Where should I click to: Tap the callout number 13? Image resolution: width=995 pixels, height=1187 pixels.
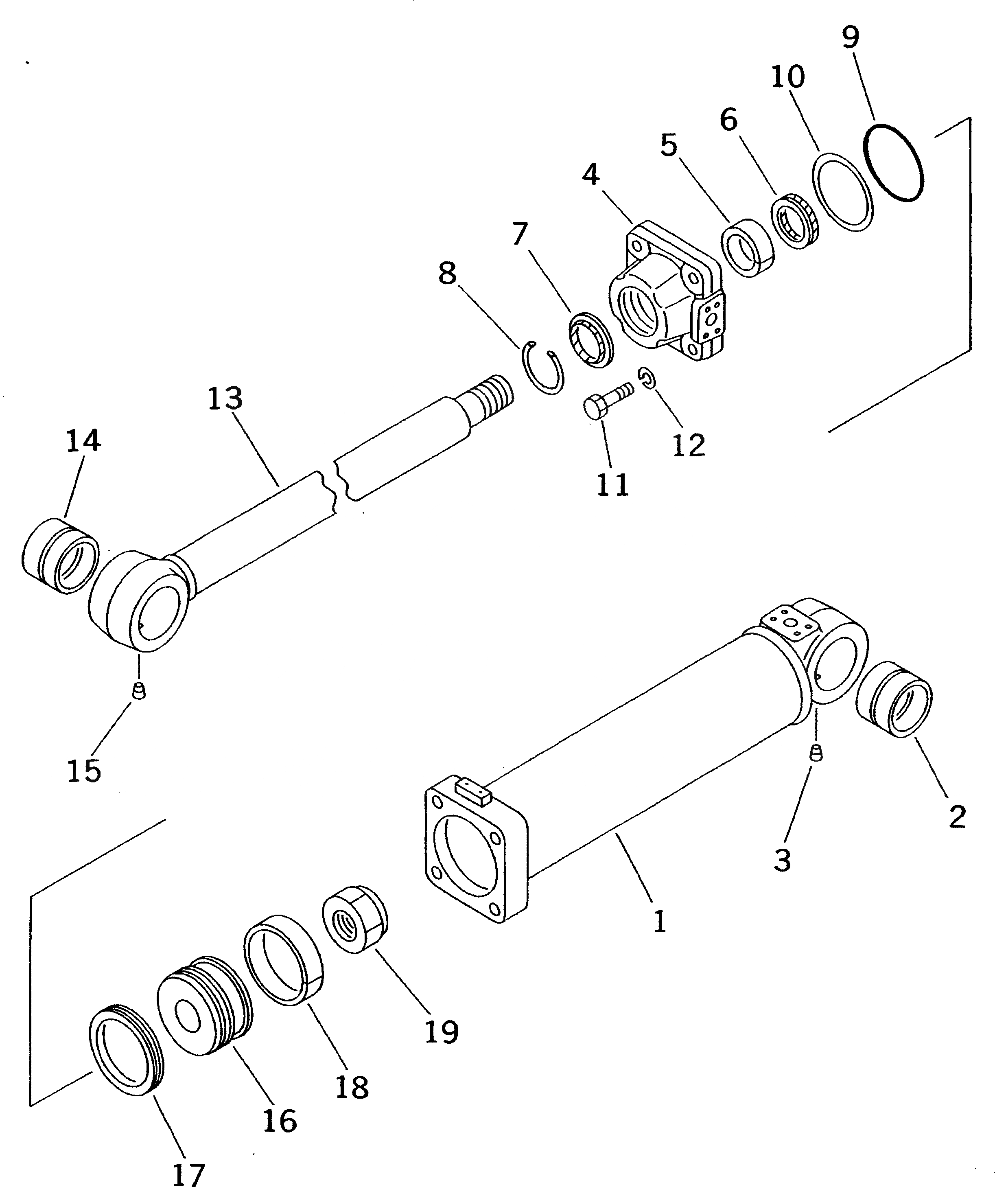(225, 398)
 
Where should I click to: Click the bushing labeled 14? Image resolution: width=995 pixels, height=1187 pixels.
(59, 556)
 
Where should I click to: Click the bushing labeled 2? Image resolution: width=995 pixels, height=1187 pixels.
(894, 700)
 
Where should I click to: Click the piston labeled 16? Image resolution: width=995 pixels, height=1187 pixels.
(205, 1007)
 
